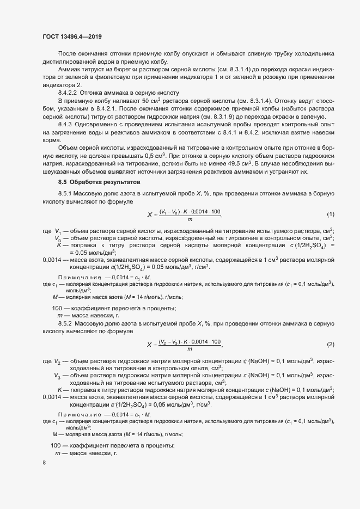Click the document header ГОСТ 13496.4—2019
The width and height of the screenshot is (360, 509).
pyautogui.click(x=72, y=37)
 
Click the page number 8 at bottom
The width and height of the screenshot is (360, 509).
pyautogui.click(x=44, y=463)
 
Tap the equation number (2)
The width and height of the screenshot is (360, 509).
pyautogui.click(x=331, y=345)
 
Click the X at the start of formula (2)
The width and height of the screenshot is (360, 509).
pyautogui.click(x=150, y=345)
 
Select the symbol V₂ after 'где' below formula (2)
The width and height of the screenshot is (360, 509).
pyautogui.click(x=58, y=361)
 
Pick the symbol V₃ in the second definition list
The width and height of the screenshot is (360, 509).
pyautogui.click(x=58, y=376)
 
